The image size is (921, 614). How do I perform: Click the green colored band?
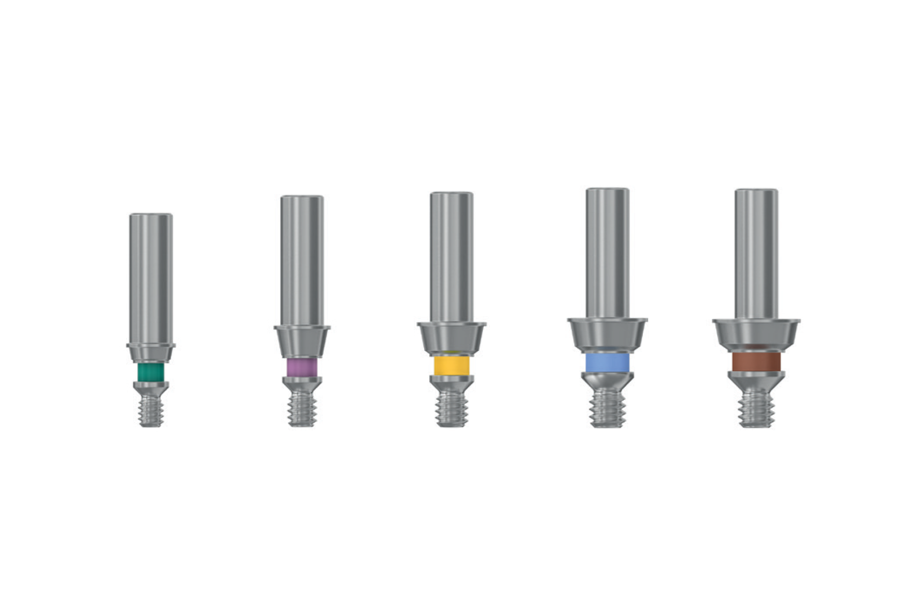(x=151, y=372)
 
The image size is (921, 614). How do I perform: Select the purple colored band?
(x=302, y=368)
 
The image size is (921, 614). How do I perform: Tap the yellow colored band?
(x=452, y=365)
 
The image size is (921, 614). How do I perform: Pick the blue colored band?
(x=607, y=362)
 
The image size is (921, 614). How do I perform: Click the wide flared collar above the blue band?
(x=607, y=333)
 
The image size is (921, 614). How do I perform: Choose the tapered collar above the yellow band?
(x=452, y=337)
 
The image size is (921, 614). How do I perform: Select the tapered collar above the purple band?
(x=302, y=341)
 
